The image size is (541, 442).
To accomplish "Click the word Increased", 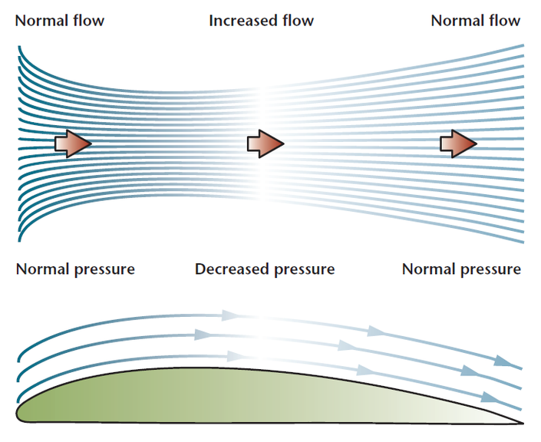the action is click(x=243, y=21).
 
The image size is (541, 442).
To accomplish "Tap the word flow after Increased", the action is click(x=298, y=21).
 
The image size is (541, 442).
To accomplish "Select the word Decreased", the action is click(x=232, y=269).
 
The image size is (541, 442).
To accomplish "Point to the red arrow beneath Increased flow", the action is click(x=266, y=144).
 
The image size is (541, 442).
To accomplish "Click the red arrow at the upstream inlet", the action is click(x=73, y=144).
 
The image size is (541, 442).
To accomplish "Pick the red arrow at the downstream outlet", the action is click(x=459, y=144).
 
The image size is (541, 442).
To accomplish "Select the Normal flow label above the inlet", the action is click(x=60, y=21).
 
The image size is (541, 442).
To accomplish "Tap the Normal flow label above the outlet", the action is click(x=476, y=21).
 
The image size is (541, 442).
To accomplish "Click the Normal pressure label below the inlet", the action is click(x=75, y=270).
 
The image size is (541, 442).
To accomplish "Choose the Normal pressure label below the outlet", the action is click(x=461, y=270).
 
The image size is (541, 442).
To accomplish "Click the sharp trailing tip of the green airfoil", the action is click(x=523, y=423).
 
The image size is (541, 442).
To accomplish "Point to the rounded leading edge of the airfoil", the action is click(x=18, y=413).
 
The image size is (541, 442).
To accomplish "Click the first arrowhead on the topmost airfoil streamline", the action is click(x=229, y=315).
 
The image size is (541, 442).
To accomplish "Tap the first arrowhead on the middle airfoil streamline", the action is click(x=202, y=335).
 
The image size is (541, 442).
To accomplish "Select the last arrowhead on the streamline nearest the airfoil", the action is click(x=490, y=398).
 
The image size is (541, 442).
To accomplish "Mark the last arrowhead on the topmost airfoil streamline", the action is click(x=503, y=361).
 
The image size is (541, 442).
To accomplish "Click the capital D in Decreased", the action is click(x=201, y=269).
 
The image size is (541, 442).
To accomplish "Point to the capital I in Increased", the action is click(x=211, y=21).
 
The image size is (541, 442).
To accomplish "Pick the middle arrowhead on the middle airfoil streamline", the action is click(x=346, y=345).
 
